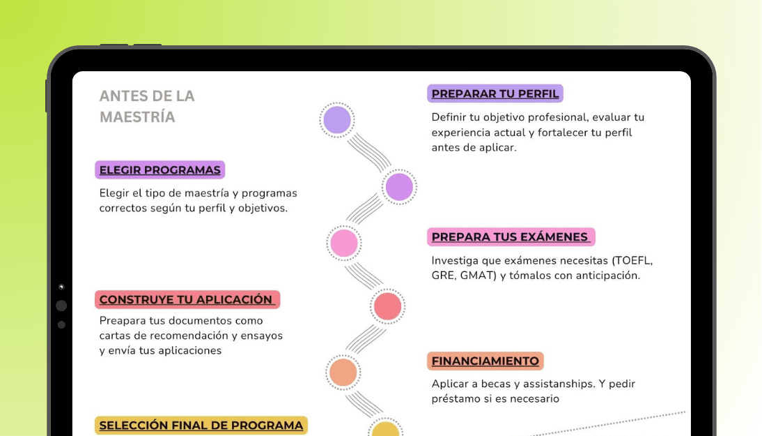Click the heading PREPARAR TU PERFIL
click(495, 94)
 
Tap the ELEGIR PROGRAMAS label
click(160, 170)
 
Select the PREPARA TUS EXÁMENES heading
click(510, 237)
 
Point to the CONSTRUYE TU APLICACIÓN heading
click(187, 300)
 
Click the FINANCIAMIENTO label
click(485, 361)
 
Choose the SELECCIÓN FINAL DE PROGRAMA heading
click(201, 426)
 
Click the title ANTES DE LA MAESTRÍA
click(146, 106)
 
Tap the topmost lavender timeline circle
click(337, 120)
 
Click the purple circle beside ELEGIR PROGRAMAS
click(399, 187)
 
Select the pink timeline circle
click(344, 243)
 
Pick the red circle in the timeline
click(387, 306)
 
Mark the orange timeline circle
click(343, 373)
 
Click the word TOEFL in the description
click(632, 261)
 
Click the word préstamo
click(456, 399)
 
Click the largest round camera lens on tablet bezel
click(61, 306)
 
